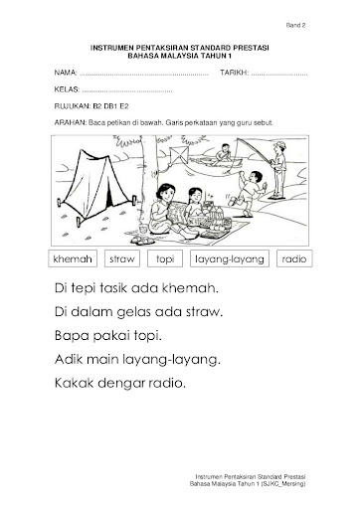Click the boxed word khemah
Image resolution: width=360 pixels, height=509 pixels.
click(73, 258)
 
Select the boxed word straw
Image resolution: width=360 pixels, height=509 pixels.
click(122, 258)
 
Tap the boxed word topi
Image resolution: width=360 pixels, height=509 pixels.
click(165, 259)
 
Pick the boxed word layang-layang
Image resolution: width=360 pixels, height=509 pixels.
click(230, 259)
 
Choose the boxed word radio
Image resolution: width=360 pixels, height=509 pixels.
click(294, 258)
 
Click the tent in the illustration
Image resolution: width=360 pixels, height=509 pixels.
click(96, 187)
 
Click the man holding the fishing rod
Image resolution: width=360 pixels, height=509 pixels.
click(278, 170)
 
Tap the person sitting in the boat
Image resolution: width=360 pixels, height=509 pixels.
click(224, 152)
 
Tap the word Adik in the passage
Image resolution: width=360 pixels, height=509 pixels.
click(69, 359)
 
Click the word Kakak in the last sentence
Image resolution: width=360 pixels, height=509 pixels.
click(75, 383)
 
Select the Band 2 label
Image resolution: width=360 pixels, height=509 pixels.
click(295, 25)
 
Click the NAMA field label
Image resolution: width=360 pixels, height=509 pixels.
click(66, 73)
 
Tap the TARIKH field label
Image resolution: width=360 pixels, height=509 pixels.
click(235, 73)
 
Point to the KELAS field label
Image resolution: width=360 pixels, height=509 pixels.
click(67, 89)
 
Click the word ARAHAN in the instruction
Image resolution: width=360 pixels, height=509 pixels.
click(71, 122)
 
